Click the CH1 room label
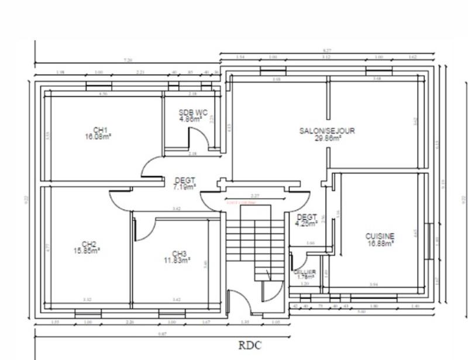[101, 130]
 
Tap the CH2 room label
[89, 244]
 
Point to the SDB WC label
[193, 112]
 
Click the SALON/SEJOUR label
[326, 131]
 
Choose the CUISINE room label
[380, 236]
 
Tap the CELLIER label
[305, 272]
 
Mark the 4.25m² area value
[307, 223]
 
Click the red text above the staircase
[240, 202]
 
